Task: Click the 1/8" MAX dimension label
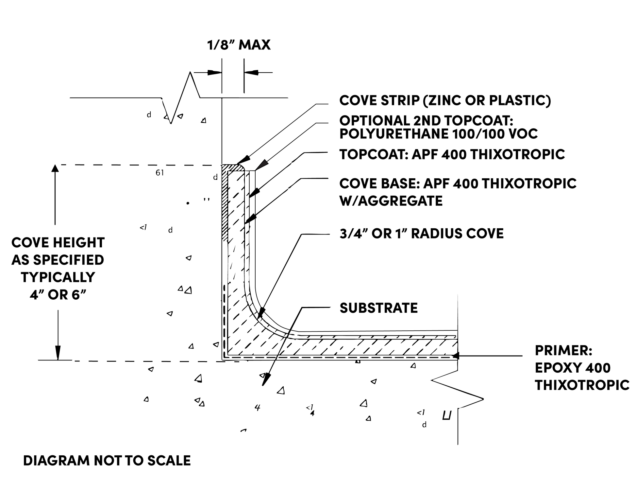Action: tap(239, 45)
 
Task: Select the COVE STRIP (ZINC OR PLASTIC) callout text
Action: tap(445, 100)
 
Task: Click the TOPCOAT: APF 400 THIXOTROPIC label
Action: tap(452, 154)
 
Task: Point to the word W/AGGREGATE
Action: tap(391, 201)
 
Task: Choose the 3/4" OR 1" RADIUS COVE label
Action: tap(421, 234)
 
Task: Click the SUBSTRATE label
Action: tap(378, 308)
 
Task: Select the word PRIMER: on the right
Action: tap(563, 351)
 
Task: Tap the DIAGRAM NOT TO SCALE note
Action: tap(107, 461)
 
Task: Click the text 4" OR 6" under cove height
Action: tap(58, 295)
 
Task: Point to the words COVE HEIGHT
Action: tap(58, 243)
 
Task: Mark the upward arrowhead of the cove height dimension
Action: tap(55, 169)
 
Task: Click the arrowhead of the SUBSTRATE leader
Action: tap(265, 381)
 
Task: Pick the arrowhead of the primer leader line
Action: tap(455, 356)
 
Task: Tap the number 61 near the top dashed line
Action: tap(159, 173)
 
